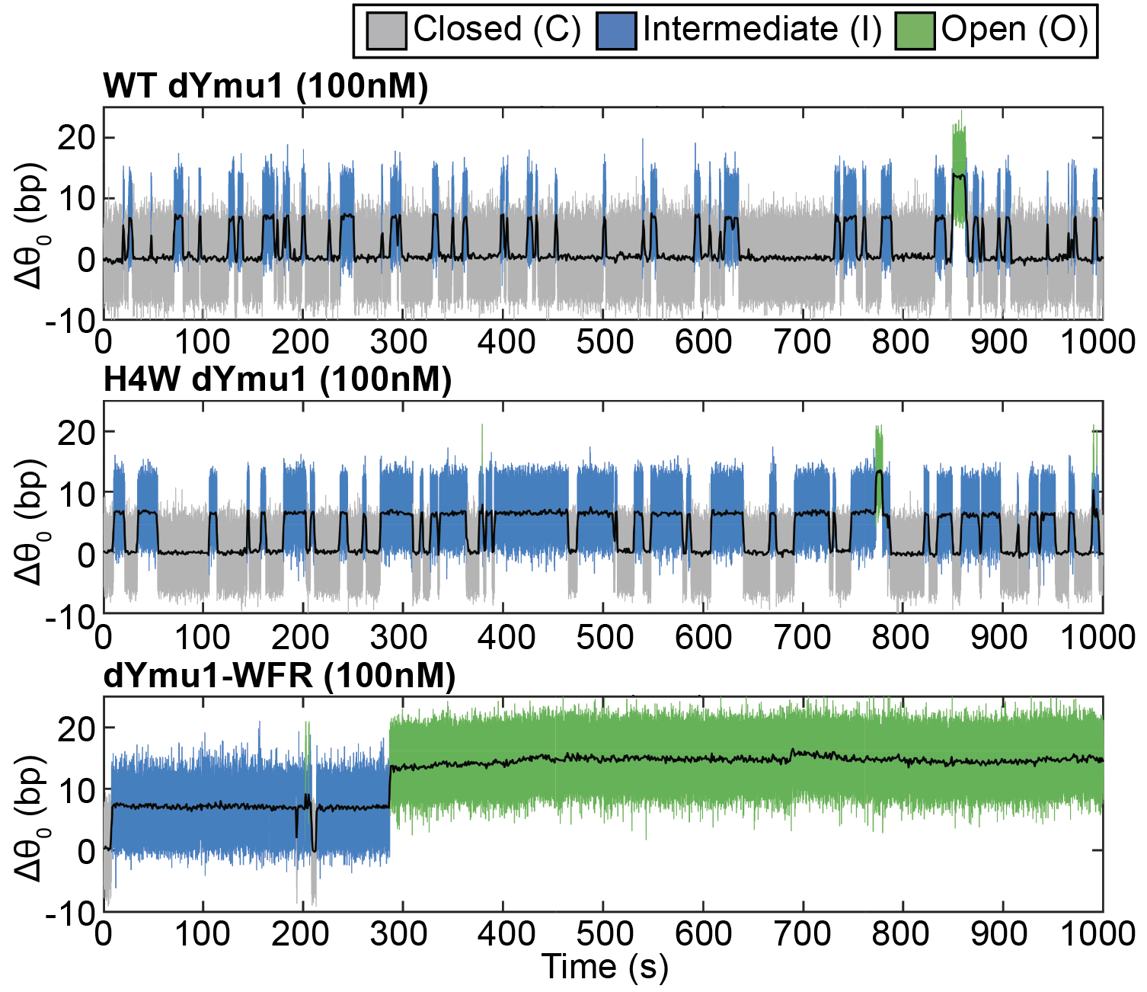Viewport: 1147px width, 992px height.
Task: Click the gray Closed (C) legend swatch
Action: [386, 31]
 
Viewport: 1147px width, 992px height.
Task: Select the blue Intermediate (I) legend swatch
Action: [616, 31]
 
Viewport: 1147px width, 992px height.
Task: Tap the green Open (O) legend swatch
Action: [915, 31]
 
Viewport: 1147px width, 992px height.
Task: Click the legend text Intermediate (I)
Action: [762, 30]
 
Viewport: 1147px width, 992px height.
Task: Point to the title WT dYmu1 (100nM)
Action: [266, 87]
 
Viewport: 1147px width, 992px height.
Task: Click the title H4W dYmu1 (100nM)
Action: [277, 379]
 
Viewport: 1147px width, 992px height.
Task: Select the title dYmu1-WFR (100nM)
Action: [280, 675]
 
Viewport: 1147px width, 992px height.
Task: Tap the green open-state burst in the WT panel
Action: [959, 174]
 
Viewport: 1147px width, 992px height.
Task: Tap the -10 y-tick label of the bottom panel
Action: [69, 912]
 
